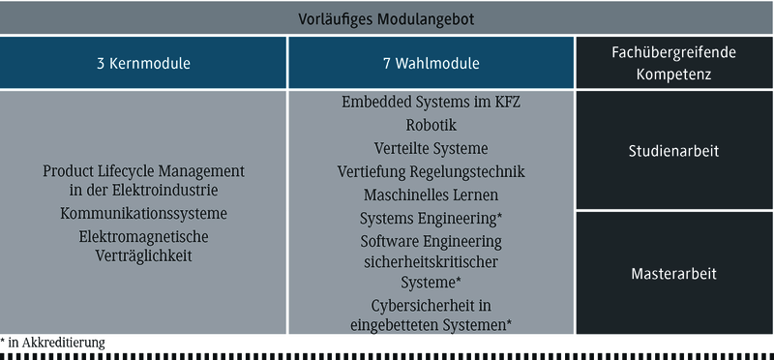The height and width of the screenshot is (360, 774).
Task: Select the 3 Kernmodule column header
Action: [143, 64]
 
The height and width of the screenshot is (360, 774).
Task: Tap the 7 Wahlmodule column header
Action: [431, 64]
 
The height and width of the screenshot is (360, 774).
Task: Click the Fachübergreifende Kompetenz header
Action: [673, 64]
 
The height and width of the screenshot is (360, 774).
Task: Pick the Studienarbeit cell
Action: [673, 151]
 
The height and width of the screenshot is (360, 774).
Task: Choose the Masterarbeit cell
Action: [673, 274]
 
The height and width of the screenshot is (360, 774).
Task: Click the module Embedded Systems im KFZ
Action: [432, 102]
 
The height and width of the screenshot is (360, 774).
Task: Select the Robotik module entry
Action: [432, 125]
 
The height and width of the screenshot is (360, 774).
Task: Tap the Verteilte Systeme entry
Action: [432, 148]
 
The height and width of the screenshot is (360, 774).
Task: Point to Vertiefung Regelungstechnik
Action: [432, 172]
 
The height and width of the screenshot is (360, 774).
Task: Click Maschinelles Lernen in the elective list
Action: [432, 195]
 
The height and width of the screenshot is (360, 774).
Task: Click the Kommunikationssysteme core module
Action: [143, 213]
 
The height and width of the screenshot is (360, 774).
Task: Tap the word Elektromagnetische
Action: [143, 236]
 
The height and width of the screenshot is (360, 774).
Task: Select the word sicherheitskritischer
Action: [432, 261]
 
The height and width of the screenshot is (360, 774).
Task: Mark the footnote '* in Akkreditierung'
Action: [53, 342]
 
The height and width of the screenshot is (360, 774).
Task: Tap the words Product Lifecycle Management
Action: [143, 170]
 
